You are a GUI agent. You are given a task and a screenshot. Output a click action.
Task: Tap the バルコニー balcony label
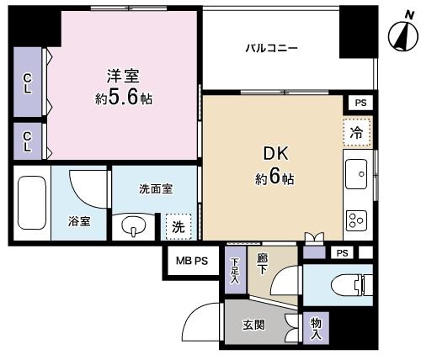pyautogui.click(x=271, y=49)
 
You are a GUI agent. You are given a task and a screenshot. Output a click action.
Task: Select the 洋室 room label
pyautogui.click(x=123, y=76)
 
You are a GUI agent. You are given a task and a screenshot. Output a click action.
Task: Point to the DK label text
pyautogui.click(x=275, y=154)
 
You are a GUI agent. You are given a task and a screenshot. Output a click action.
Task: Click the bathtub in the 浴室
pyautogui.click(x=32, y=203)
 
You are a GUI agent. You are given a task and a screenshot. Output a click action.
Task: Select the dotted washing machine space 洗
pyautogui.click(x=179, y=227)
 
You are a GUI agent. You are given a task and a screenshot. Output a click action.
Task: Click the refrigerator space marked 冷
pyautogui.click(x=357, y=132)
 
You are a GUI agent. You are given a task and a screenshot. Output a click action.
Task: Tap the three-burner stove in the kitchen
pyautogui.click(x=356, y=220)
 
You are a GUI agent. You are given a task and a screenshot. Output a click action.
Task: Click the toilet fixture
pyautogui.click(x=352, y=285)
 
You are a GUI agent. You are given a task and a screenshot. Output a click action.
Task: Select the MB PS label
pyautogui.click(x=192, y=262)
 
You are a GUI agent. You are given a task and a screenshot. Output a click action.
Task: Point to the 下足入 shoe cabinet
pyautogui.click(x=236, y=270)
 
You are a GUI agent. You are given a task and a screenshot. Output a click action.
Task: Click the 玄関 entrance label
pyautogui.click(x=253, y=326)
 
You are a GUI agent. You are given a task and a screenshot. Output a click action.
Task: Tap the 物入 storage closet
pyautogui.click(x=316, y=328)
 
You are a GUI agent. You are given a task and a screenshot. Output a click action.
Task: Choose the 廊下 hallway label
pyautogui.click(x=262, y=263)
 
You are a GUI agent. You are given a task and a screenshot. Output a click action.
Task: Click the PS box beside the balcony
pyautogui.click(x=360, y=103)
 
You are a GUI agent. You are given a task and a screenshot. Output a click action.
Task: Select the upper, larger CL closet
pyautogui.click(x=28, y=82)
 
